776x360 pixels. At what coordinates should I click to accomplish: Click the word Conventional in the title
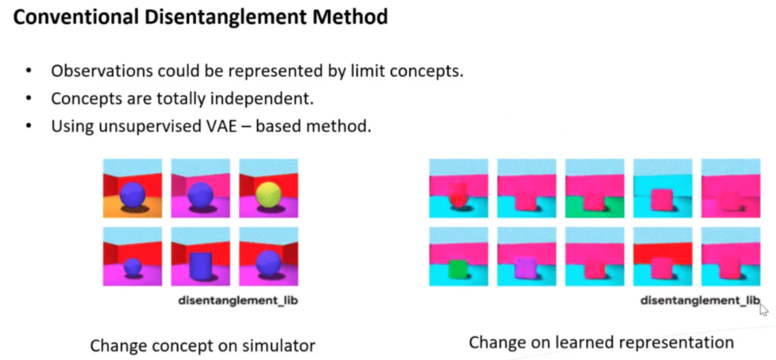76,17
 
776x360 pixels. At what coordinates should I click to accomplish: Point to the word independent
262,98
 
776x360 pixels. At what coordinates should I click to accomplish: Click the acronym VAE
222,126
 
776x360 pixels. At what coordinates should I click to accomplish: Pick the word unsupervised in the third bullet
150,127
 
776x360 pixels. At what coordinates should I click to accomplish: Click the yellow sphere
268,194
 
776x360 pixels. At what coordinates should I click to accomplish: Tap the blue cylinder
201,266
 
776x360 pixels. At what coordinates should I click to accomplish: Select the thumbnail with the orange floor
132,188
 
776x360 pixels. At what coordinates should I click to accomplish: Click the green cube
457,269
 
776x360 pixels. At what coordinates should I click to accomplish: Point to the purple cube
525,269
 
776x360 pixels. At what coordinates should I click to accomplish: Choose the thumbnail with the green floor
595,188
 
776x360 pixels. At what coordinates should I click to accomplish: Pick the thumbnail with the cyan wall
663,188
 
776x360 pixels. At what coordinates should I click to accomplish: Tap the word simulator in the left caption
278,346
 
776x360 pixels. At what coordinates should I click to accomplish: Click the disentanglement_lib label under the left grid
238,301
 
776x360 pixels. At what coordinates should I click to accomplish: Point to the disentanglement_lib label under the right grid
700,301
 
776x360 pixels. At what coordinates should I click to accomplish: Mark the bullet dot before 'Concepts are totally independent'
29,98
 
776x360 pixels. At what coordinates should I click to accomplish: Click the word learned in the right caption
585,342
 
